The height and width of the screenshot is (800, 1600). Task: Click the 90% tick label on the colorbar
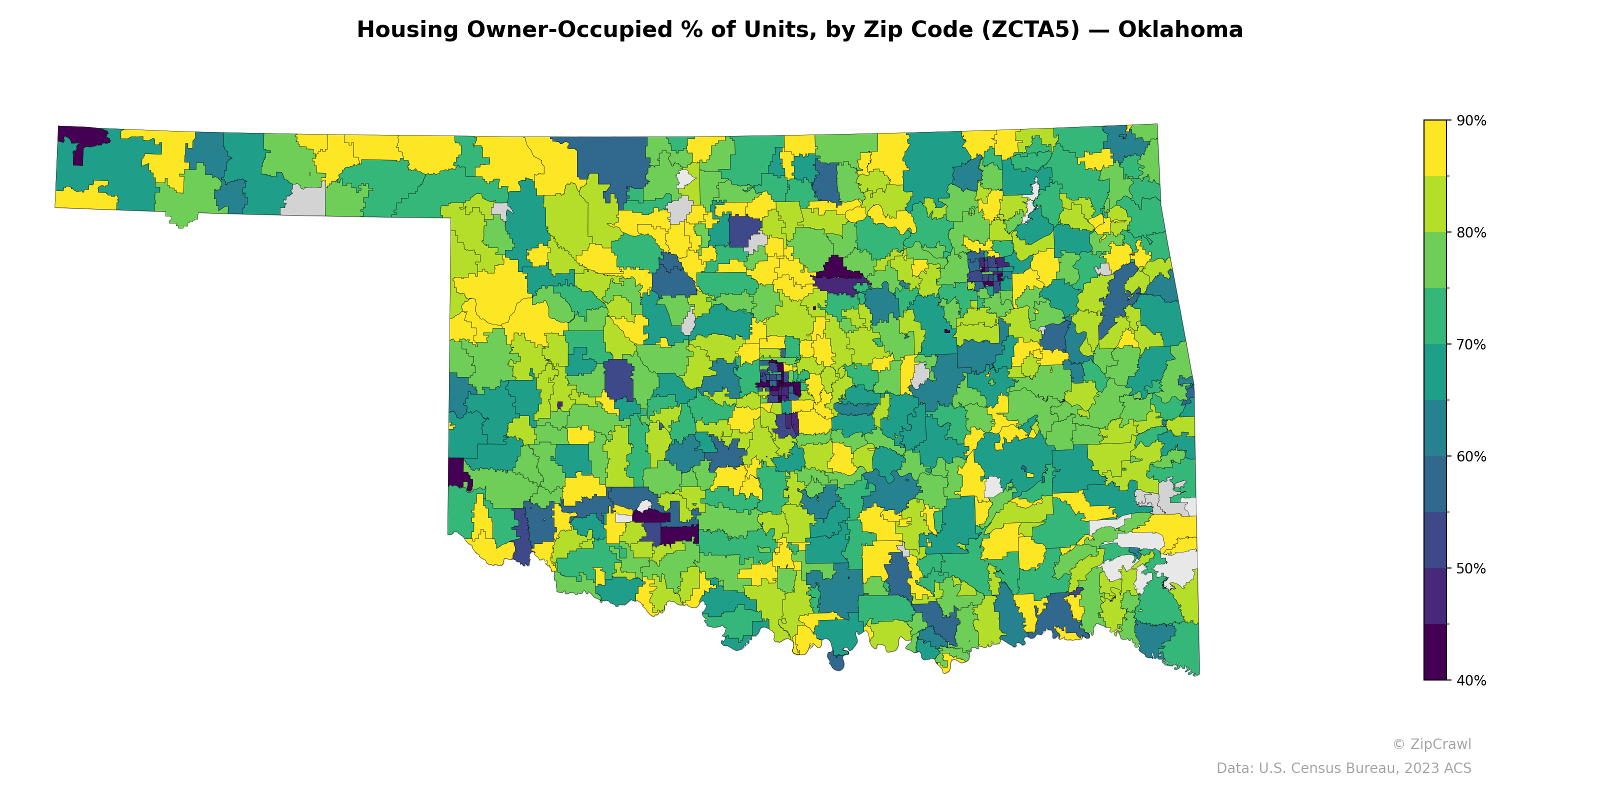[1471, 121]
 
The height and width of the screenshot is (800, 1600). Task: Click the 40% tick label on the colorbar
[1471, 680]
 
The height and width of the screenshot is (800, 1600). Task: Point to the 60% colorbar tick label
[1471, 457]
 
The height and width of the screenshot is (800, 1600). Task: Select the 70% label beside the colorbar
[1471, 344]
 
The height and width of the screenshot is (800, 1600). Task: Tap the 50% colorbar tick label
[1471, 569]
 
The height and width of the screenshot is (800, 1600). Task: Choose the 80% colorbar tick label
[1471, 233]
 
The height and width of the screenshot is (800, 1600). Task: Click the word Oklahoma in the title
[1179, 30]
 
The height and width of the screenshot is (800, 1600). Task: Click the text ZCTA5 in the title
[1030, 30]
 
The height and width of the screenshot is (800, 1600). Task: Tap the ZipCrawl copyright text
[1431, 744]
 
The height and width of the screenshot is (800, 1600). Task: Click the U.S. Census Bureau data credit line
[1343, 768]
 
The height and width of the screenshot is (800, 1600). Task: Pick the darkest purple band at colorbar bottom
[1435, 652]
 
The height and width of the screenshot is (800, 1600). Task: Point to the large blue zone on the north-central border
[612, 160]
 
